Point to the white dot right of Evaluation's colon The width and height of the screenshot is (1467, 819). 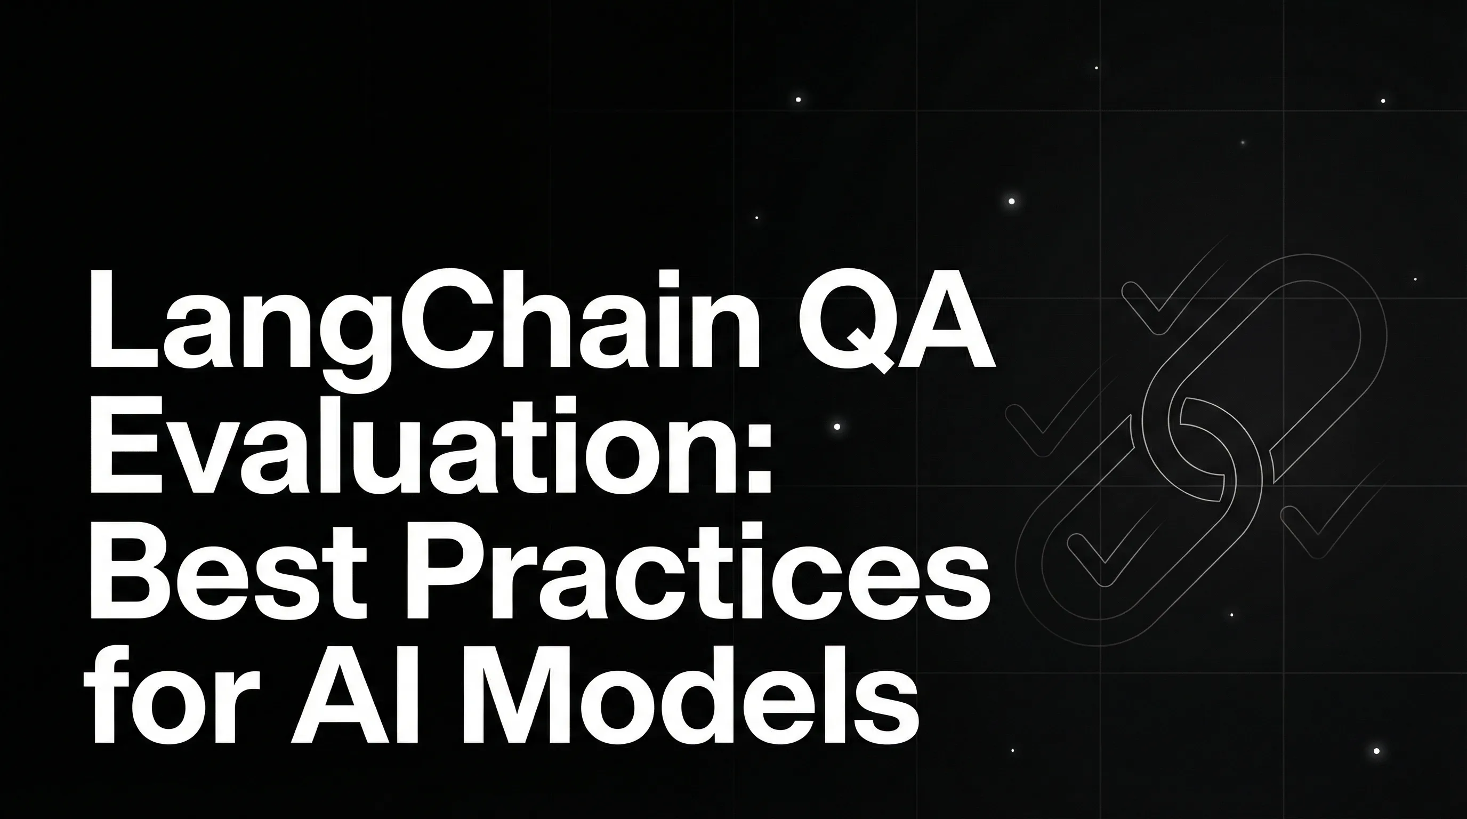[x=836, y=427]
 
